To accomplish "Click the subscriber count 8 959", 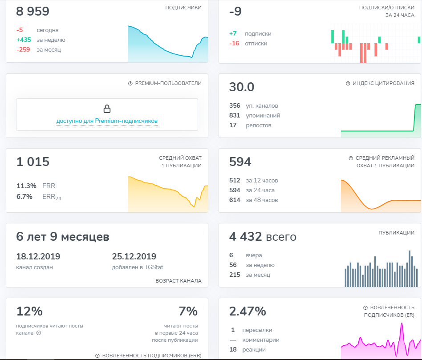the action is (32, 11).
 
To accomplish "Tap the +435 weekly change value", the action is (24, 40).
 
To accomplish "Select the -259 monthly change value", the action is (23, 49).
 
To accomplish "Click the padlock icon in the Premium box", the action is (107, 109).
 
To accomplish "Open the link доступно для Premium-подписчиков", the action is (107, 121).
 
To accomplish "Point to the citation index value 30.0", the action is (241, 87).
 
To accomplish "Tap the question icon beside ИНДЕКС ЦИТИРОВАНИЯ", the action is (348, 83).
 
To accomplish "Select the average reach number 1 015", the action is (33, 162).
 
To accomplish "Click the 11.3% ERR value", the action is (26, 186).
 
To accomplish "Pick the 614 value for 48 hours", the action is (235, 200).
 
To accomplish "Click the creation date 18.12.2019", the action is (38, 256).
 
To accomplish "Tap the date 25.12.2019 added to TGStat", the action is (134, 256).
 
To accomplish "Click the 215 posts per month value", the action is (235, 275).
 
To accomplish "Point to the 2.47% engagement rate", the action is (248, 311).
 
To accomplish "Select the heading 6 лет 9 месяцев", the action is (63, 236).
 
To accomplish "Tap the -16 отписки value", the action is (234, 43).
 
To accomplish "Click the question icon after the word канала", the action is (39, 333).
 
